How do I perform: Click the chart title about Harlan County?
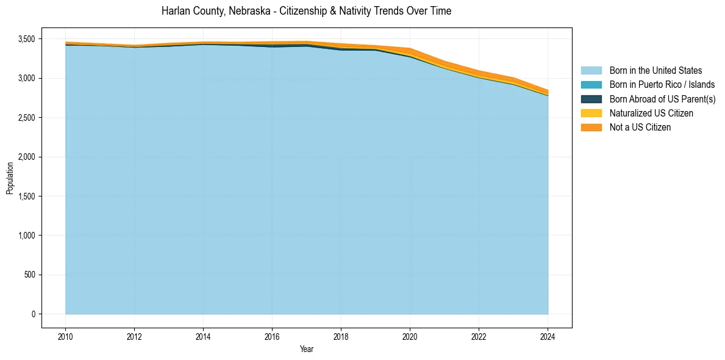[306, 11]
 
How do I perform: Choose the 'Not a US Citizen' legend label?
[640, 128]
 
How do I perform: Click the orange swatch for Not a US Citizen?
[591, 128]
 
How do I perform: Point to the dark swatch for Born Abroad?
[591, 99]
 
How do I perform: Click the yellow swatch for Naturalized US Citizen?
[591, 113]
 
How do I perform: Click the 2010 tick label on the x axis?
[65, 336]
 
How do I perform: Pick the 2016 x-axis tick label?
[272, 336]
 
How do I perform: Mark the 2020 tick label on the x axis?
[410, 336]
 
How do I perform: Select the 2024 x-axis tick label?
[548, 336]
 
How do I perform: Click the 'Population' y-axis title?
[10, 178]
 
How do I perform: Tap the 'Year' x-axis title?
[307, 349]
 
